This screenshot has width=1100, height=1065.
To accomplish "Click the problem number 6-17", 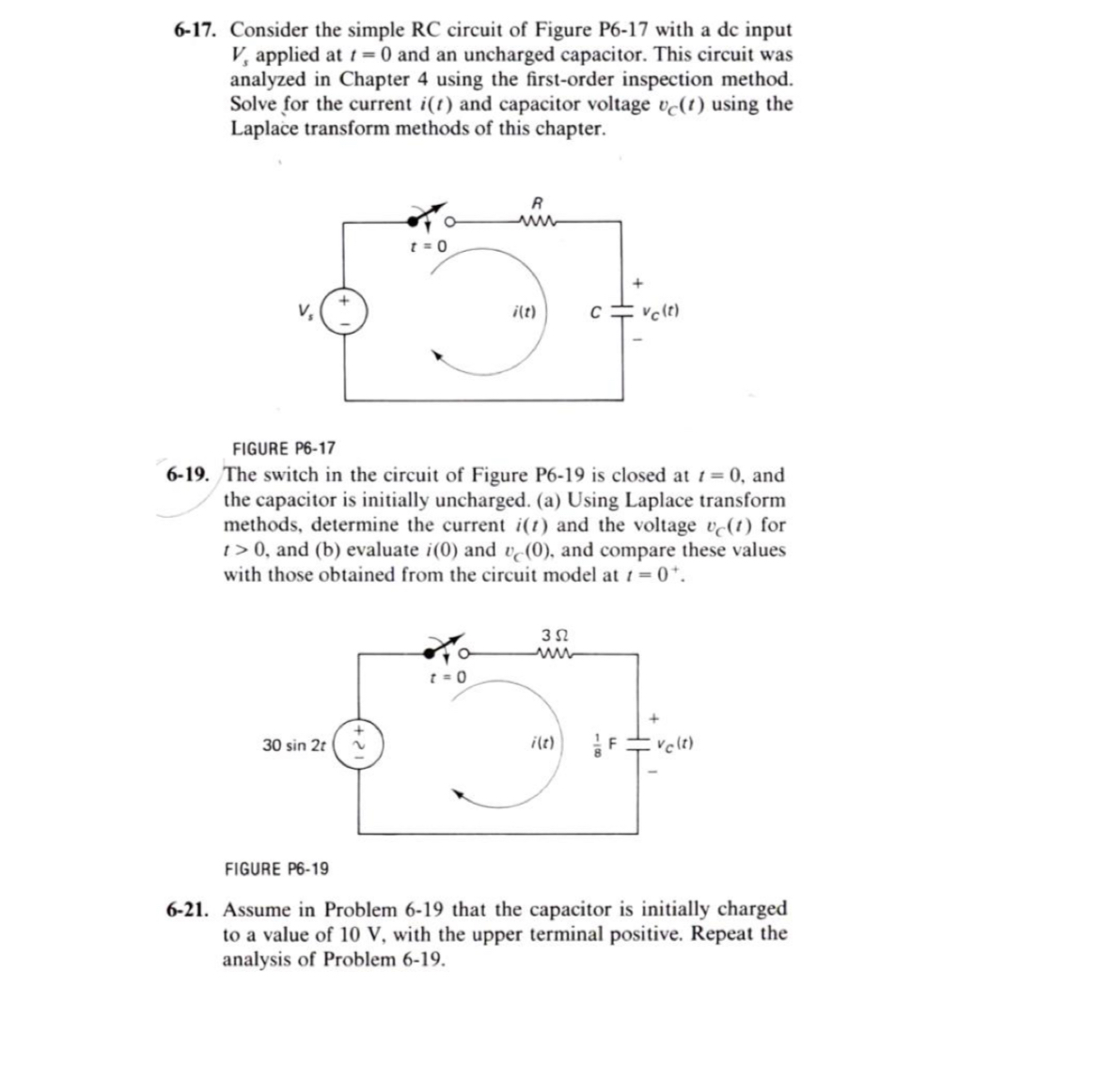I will pos(197,31).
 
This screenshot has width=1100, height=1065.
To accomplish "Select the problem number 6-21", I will pos(192,910).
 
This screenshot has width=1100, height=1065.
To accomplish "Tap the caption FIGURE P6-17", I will pos(284,447).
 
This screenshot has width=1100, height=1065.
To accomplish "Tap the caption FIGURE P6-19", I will pos(277,869).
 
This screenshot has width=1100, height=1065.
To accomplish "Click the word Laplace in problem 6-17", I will pos(268,128).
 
